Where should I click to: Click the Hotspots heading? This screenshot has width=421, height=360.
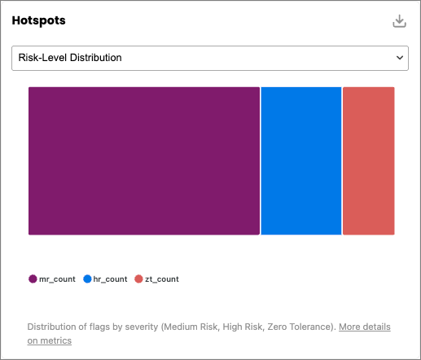38,20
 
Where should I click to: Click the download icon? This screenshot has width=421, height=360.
399,21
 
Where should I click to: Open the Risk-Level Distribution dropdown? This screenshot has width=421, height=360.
210,58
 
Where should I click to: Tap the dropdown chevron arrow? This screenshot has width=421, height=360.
400,58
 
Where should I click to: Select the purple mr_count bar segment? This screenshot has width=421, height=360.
144,160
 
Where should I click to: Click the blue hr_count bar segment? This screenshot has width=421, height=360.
301,160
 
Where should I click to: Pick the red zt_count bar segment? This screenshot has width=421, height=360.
369,160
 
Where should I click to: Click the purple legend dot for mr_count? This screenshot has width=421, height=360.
33,279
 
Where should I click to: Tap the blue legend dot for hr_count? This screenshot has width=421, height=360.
87,279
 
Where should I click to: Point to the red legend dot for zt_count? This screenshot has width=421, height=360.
138,279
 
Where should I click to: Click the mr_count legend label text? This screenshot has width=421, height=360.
57,279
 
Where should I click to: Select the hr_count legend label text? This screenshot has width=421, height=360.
110,279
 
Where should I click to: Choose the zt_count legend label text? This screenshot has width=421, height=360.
162,279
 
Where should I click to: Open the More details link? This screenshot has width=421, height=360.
365,327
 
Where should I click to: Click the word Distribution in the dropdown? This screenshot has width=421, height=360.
96,58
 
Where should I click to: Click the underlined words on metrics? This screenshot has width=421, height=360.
50,340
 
